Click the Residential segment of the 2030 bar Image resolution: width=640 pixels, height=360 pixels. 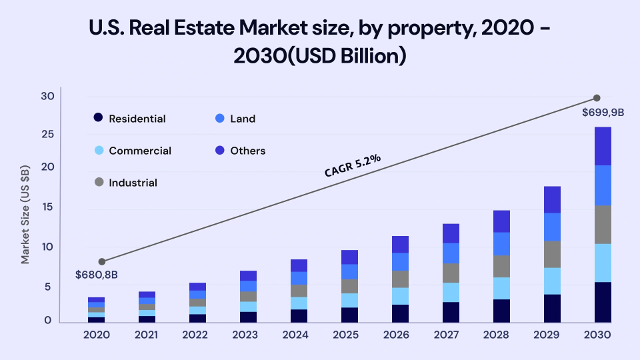point(602,302)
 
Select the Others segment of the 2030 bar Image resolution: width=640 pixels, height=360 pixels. point(602,145)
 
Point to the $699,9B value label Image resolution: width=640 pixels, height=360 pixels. point(603,112)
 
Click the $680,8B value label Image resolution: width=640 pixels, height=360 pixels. point(97,274)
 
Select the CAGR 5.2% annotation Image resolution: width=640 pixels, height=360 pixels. point(353,165)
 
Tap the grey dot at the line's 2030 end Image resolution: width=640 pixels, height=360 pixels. point(597,98)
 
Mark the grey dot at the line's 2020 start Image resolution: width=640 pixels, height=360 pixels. point(102,261)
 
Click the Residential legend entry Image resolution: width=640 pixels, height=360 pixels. point(137,119)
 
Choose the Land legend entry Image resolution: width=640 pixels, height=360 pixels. point(243,119)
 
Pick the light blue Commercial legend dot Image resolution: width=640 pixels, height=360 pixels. point(98,151)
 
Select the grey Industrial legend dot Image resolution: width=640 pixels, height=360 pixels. point(98,183)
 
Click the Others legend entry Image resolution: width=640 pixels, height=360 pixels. point(247,151)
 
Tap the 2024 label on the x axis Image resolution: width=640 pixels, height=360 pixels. point(295,334)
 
